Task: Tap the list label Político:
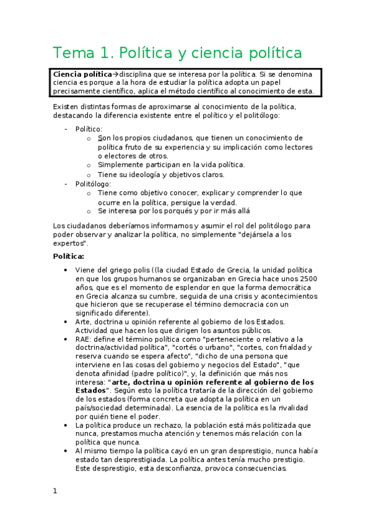(89, 129)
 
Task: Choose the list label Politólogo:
(93, 184)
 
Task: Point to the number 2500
(307, 279)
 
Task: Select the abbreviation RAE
(84, 339)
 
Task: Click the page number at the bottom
(55, 491)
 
